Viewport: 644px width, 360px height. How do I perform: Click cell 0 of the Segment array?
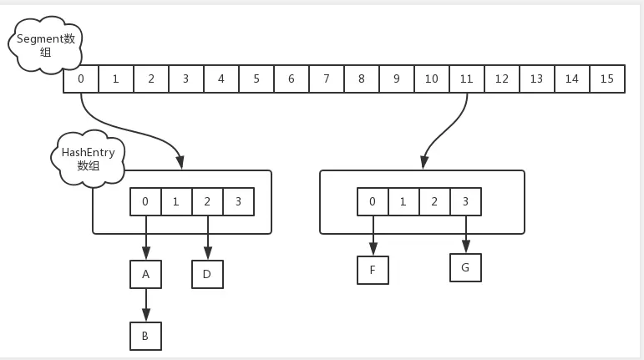81,79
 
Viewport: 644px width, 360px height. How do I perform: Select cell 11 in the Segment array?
466,79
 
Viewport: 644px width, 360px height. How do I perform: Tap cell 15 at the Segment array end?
606,79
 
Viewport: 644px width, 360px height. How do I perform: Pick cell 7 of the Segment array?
326,79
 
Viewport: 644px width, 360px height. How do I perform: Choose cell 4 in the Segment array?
221,79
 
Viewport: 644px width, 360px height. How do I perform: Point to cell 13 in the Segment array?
536,79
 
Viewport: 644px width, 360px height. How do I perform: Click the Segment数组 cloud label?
45,45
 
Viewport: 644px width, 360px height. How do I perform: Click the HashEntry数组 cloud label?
88,158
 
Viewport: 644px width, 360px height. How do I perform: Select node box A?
145,274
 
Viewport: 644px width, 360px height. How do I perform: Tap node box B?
145,336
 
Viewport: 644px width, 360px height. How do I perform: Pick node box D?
207,274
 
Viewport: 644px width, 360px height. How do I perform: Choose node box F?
373,270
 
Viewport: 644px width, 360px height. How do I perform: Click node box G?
465,268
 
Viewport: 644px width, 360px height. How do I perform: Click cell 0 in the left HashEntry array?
145,201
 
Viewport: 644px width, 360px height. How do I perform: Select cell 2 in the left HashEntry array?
207,201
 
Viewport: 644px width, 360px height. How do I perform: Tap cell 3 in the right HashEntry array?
465,201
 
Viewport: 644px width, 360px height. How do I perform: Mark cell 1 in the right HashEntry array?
403,201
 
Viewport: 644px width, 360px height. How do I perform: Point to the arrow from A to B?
145,305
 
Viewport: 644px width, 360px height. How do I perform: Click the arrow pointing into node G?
465,234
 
